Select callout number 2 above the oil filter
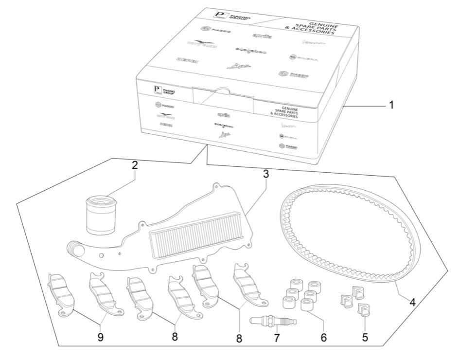click(135, 164)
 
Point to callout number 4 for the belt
click(412, 302)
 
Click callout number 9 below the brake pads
click(101, 336)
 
